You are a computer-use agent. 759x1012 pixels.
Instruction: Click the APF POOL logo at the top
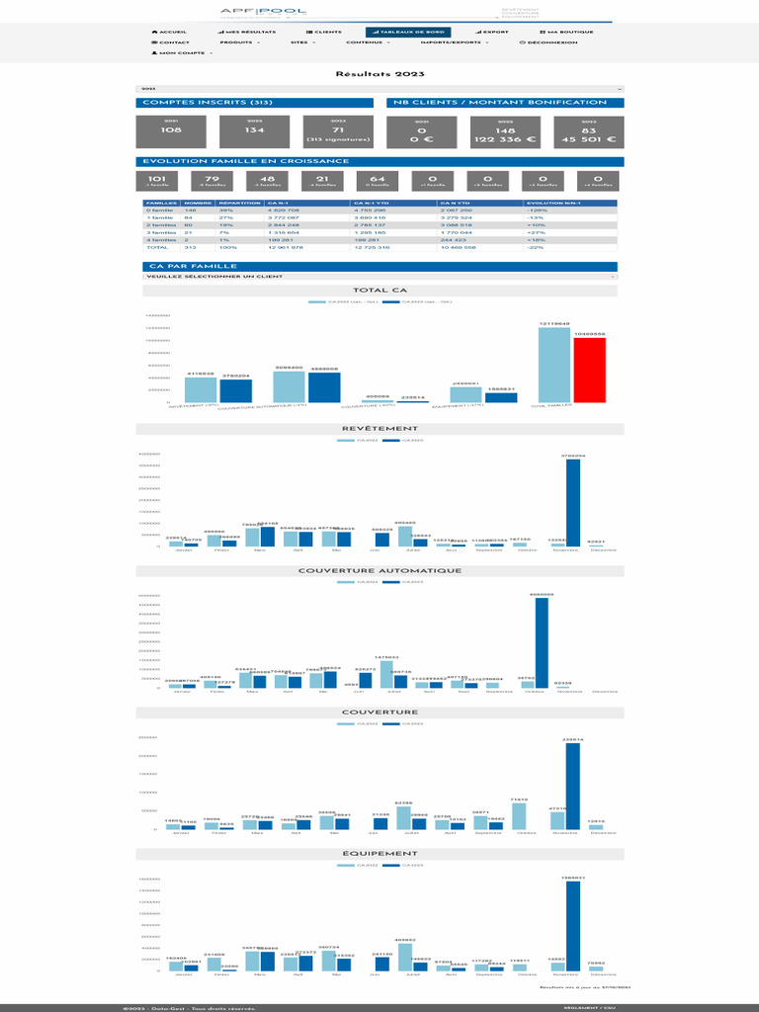tap(264, 12)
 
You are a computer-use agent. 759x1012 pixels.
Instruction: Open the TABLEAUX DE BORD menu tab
tap(406, 32)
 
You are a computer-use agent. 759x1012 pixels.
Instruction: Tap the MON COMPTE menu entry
tap(182, 52)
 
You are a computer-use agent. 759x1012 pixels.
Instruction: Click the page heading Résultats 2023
tap(379, 74)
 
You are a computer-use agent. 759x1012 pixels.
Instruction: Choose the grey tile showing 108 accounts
tap(171, 130)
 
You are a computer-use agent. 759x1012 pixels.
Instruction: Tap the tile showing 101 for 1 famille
tap(155, 181)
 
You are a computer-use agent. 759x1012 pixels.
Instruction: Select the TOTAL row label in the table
tap(157, 247)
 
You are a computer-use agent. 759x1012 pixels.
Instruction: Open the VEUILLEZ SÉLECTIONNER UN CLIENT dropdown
tap(379, 277)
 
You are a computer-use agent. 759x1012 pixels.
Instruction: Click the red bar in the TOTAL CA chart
tap(589, 369)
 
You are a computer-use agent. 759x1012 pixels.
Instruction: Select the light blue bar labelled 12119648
tap(553, 364)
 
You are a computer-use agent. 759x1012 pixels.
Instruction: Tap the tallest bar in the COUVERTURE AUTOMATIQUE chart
tap(542, 642)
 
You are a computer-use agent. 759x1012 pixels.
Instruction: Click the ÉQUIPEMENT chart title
tap(379, 853)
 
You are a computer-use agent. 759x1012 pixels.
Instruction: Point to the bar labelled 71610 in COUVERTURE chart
tap(519, 815)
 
